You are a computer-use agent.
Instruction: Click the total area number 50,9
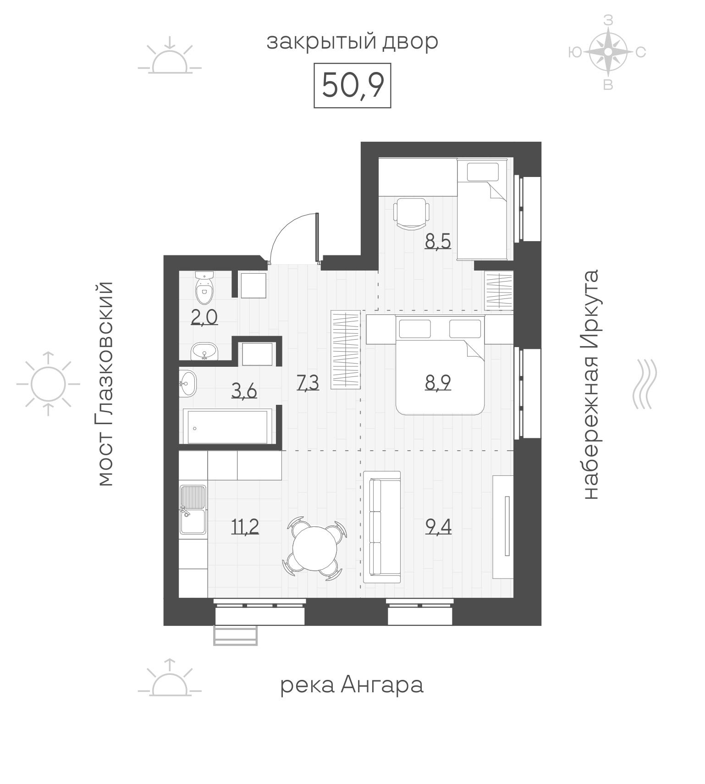pos(352,85)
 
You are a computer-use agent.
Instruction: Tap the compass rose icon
pos(608,52)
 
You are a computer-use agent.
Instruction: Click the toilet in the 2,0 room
pos(204,288)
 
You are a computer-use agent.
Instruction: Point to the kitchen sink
pos(193,509)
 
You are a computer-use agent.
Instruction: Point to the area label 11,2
pos(245,527)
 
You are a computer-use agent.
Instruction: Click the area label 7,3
pos(308,382)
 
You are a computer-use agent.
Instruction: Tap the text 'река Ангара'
pos(352,685)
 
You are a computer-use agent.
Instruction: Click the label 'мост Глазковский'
pos(105,383)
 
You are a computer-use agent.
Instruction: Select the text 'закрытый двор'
pos(352,42)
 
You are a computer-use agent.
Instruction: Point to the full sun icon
pos(48,383)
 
